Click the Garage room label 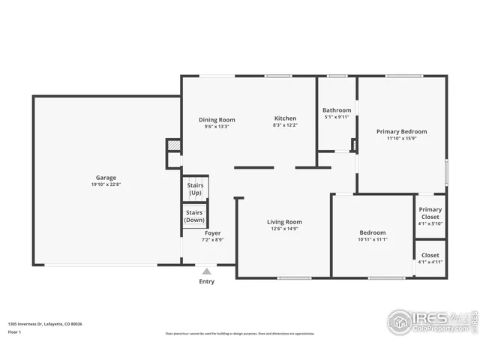(105, 177)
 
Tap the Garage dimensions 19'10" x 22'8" (105, 184)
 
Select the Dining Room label (217, 119)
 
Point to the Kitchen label (285, 118)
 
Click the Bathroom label (337, 110)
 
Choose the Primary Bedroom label (401, 131)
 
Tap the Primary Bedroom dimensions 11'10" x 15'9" (401, 139)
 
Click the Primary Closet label (430, 213)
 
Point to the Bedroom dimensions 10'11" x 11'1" (372, 239)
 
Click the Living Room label (284, 221)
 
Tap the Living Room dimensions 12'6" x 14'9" (284, 229)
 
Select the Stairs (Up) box (195, 189)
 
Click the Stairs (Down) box (195, 216)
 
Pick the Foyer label (213, 233)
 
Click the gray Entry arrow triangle (206, 271)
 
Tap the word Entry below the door (206, 282)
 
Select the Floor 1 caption (16, 331)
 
